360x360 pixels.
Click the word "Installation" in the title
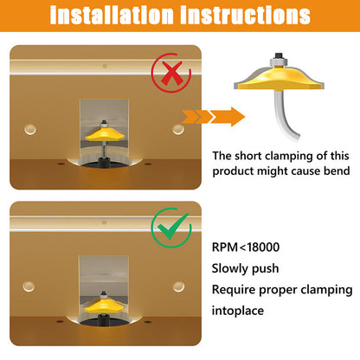pos(111,16)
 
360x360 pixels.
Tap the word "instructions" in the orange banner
pos(245,16)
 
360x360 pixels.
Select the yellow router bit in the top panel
pos(104,134)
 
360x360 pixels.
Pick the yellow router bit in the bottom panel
pos(104,305)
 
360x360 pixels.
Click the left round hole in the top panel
pos(30,129)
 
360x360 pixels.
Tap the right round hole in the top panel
pos(178,130)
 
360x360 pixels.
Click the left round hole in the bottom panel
pos(29,286)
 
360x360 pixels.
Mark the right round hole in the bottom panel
pos(178,286)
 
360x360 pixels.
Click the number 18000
pos(263,247)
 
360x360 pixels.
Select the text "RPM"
pos(225,247)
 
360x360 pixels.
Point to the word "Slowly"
pos(230,269)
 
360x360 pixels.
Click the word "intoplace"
pos(238,311)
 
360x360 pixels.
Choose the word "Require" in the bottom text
pos(234,290)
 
